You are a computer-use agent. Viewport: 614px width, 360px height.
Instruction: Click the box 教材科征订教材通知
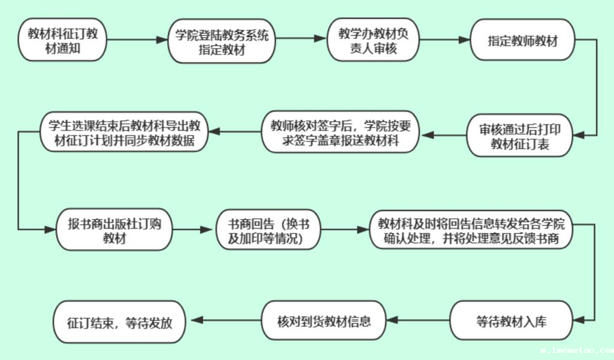tap(63, 40)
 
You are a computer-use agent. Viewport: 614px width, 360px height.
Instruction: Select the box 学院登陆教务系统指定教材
tap(221, 40)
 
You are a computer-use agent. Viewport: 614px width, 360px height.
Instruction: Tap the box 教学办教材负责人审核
tap(373, 40)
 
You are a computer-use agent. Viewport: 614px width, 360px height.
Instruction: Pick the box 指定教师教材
tap(522, 40)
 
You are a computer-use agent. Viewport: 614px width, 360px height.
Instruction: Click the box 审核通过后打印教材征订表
tap(520, 135)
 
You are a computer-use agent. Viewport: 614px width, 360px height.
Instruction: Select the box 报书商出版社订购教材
tap(114, 230)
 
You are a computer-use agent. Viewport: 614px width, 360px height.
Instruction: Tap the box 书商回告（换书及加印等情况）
tap(268, 230)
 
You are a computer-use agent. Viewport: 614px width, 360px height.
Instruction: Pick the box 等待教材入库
tap(511, 321)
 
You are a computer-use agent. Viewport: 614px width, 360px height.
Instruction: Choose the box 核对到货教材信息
tap(324, 321)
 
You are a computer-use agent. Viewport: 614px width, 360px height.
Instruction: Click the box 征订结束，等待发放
tap(119, 321)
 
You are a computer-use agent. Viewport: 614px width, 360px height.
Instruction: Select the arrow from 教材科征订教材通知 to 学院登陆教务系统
tap(137, 40)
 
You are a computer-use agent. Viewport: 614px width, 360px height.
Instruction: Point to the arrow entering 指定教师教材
tap(444, 40)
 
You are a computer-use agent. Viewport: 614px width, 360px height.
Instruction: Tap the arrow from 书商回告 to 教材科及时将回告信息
tap(345, 230)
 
